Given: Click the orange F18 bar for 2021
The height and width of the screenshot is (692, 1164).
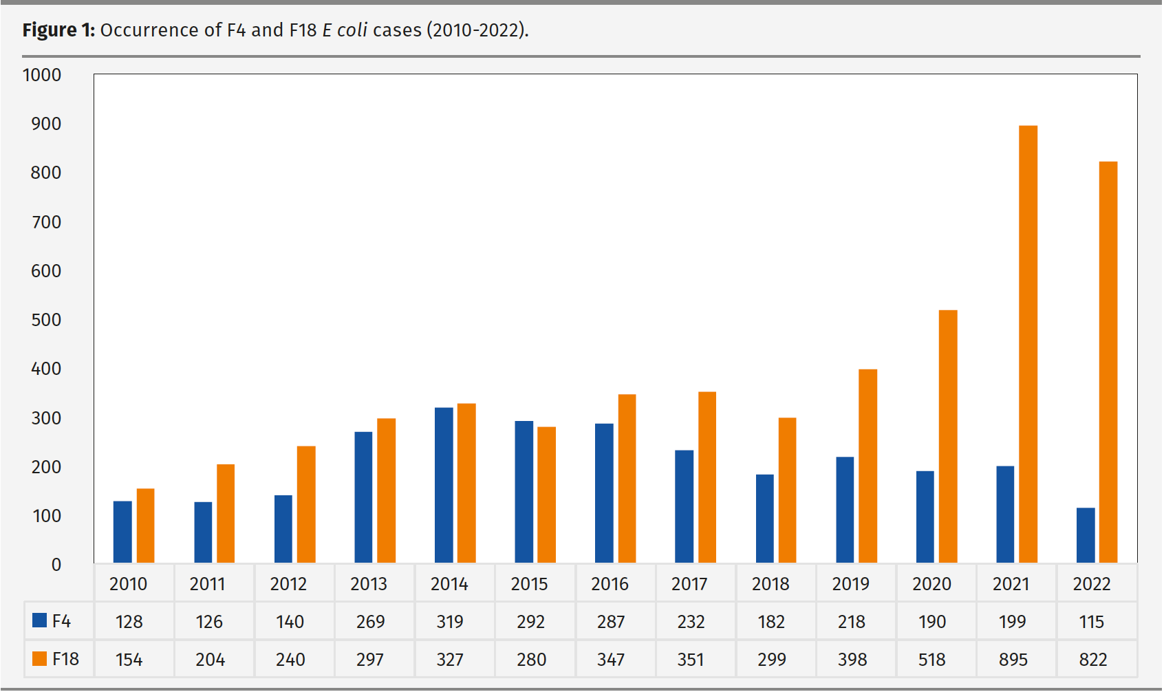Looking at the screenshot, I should tap(1028, 344).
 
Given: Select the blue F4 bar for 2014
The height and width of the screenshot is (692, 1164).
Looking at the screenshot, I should tap(444, 485).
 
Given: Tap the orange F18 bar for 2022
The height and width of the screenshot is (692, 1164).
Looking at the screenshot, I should tap(1108, 362).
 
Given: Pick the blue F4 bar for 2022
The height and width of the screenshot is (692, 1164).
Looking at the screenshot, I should tap(1086, 535).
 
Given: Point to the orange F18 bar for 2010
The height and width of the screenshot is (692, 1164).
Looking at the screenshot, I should tap(145, 526).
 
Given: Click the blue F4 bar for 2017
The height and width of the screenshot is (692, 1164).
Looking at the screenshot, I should tap(684, 506).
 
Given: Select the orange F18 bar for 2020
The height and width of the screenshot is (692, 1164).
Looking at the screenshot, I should tap(947, 436).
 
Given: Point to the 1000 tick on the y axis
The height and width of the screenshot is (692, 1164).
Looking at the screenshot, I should tap(42, 75).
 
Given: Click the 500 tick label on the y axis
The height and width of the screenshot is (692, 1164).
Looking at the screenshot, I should tap(46, 320).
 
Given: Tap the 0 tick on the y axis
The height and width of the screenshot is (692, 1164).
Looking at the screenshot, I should tap(56, 565).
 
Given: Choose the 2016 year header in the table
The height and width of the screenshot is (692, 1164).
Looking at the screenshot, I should tap(610, 584).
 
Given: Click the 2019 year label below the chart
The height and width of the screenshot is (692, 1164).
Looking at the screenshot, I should tap(850, 584).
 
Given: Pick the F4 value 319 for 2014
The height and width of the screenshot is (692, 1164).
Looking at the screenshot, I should tap(450, 622).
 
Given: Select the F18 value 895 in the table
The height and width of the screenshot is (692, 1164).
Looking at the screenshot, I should tap(1013, 660).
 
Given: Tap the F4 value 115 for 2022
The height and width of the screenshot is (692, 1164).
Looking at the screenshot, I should tap(1092, 622).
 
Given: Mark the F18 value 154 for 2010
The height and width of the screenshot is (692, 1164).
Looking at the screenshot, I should tap(129, 660).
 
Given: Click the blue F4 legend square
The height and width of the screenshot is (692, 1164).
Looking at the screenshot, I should tap(40, 620).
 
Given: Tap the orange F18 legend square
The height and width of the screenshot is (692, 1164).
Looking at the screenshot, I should tap(40, 658).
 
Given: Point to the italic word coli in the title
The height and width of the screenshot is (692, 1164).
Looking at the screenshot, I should tap(352, 30).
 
